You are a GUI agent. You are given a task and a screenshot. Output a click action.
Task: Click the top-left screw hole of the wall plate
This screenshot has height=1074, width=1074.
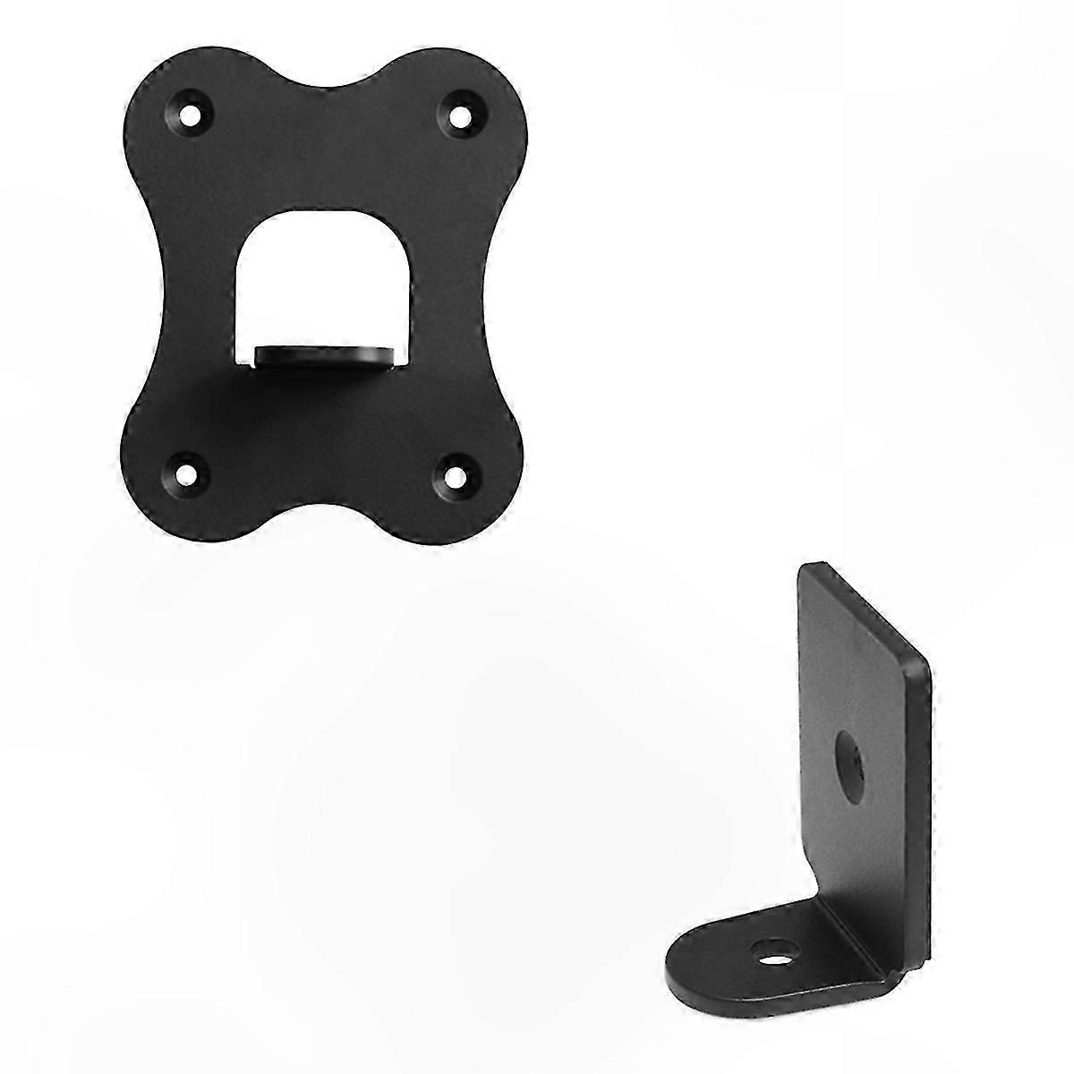point(191,115)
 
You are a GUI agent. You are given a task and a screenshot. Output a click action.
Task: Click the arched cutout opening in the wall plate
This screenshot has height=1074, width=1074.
point(320,277)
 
